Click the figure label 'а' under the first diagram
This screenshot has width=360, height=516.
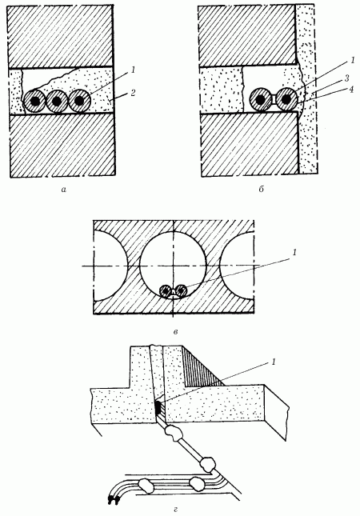[63, 190]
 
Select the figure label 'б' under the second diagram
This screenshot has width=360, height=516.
[261, 190]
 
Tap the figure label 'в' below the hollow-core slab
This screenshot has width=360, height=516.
[175, 332]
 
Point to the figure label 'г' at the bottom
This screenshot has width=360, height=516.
[176, 510]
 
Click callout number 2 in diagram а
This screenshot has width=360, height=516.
[132, 94]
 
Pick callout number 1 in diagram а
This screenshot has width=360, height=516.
[133, 70]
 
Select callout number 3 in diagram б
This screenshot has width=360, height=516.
[347, 78]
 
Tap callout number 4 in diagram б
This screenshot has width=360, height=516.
[351, 89]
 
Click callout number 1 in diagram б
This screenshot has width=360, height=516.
[352, 61]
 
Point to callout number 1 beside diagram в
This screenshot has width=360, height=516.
[294, 253]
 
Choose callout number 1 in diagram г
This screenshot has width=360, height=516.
[273, 362]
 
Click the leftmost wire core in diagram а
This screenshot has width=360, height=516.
[34, 102]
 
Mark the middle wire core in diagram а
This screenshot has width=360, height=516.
[57, 102]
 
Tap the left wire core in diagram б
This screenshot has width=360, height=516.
[260, 99]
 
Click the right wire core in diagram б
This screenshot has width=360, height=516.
[286, 99]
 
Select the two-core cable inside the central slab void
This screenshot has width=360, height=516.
[173, 291]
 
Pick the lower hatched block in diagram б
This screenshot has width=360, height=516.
[250, 144]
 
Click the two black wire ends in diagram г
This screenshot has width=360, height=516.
[113, 500]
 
